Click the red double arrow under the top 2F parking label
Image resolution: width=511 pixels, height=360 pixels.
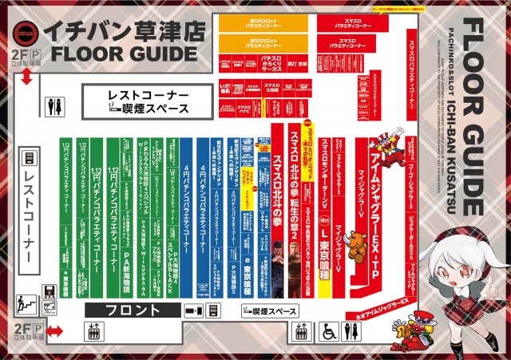click(26, 77)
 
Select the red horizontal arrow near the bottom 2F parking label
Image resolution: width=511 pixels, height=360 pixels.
click(54, 330)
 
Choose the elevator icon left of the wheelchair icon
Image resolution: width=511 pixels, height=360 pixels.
click(302, 331)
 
